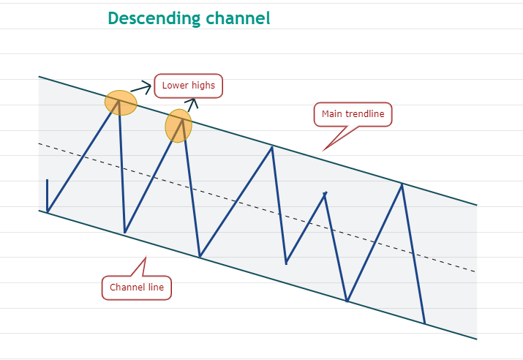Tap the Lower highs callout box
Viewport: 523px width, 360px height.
188,86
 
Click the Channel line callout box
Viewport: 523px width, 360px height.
137,287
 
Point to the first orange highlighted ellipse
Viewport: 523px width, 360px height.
121,102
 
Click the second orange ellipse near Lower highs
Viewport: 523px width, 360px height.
178,125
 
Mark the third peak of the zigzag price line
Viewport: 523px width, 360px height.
272,147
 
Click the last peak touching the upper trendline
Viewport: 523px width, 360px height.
402,184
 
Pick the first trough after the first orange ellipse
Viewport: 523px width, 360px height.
125,233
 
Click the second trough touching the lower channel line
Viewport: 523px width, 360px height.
200,257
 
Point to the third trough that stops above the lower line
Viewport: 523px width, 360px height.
286,263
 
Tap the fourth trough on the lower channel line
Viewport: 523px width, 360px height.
347,301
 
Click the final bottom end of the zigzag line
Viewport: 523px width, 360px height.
424,323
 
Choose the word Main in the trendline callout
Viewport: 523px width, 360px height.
334,114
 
